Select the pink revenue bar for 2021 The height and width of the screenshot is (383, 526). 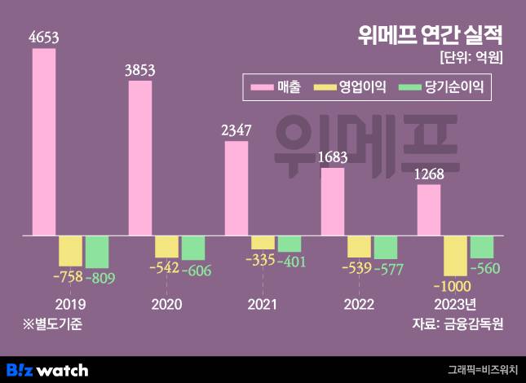click(x=236, y=188)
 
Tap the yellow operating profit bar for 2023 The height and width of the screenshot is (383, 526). click(x=455, y=255)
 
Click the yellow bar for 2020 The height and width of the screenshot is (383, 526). click(x=166, y=246)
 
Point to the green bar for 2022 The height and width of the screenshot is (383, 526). click(x=386, y=247)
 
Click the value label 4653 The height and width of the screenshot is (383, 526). click(x=44, y=36)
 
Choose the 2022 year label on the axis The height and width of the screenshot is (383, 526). click(x=359, y=304)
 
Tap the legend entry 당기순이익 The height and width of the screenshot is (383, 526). click(x=441, y=86)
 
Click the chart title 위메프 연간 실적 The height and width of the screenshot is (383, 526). click(x=430, y=36)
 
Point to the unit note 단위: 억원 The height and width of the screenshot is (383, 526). click(x=471, y=58)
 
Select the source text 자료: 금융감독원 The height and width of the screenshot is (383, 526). click(x=458, y=324)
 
